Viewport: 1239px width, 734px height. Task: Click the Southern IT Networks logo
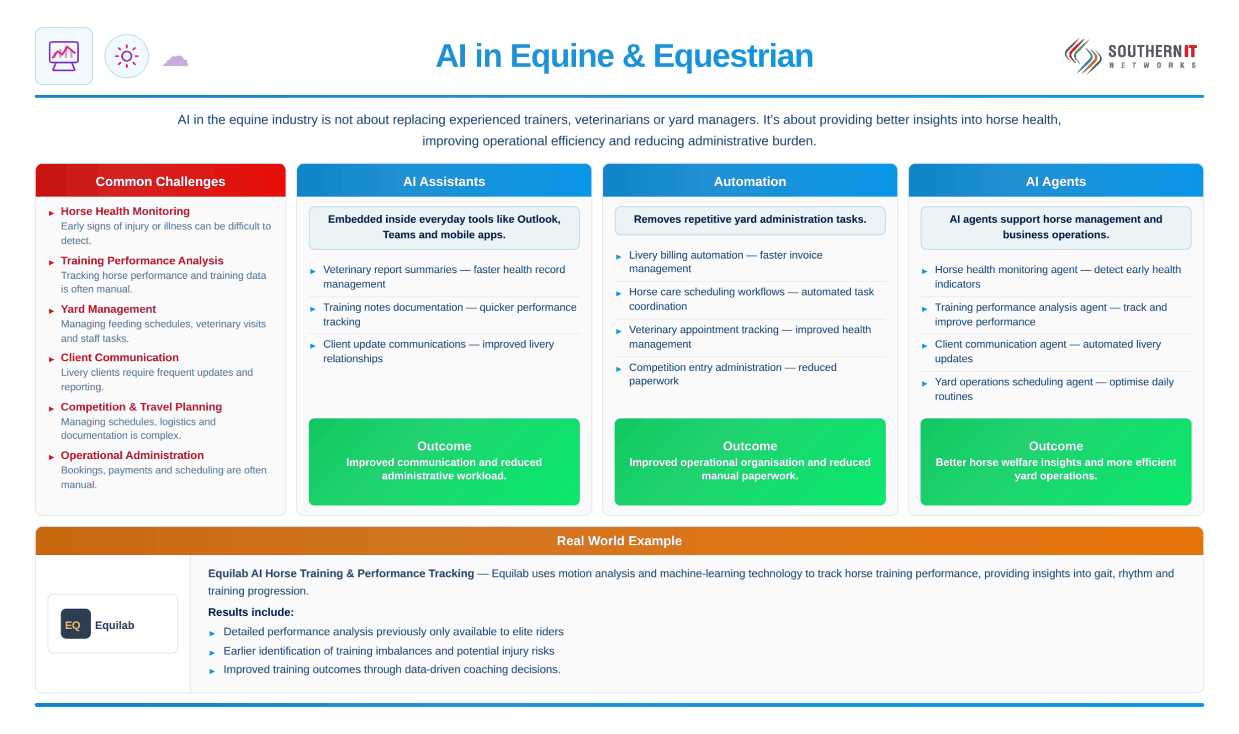tap(1130, 56)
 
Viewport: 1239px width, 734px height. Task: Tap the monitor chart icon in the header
tap(64, 56)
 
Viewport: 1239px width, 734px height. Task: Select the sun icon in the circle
tap(127, 56)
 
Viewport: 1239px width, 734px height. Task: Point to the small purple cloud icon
tap(175, 60)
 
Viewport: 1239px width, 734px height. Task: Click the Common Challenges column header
tap(161, 181)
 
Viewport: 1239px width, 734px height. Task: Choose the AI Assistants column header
tap(444, 181)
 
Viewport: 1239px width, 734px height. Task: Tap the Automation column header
tap(750, 181)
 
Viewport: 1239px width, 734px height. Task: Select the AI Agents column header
tap(1056, 181)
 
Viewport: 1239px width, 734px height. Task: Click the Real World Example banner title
tap(619, 541)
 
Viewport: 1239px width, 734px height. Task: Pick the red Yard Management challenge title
tap(108, 309)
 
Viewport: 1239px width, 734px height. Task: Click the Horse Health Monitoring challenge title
tap(125, 211)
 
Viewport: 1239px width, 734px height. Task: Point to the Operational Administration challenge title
tap(132, 455)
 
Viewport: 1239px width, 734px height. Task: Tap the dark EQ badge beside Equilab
tap(75, 624)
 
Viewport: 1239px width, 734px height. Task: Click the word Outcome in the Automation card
tap(750, 446)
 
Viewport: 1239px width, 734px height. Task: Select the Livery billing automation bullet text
tap(726, 262)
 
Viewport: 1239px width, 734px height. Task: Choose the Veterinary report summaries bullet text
tap(444, 277)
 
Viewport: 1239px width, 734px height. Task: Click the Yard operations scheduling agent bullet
tap(1054, 389)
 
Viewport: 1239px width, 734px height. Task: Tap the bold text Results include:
tap(251, 612)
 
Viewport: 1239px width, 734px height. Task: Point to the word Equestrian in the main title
tap(733, 56)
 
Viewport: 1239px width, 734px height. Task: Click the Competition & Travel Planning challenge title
tap(141, 406)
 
